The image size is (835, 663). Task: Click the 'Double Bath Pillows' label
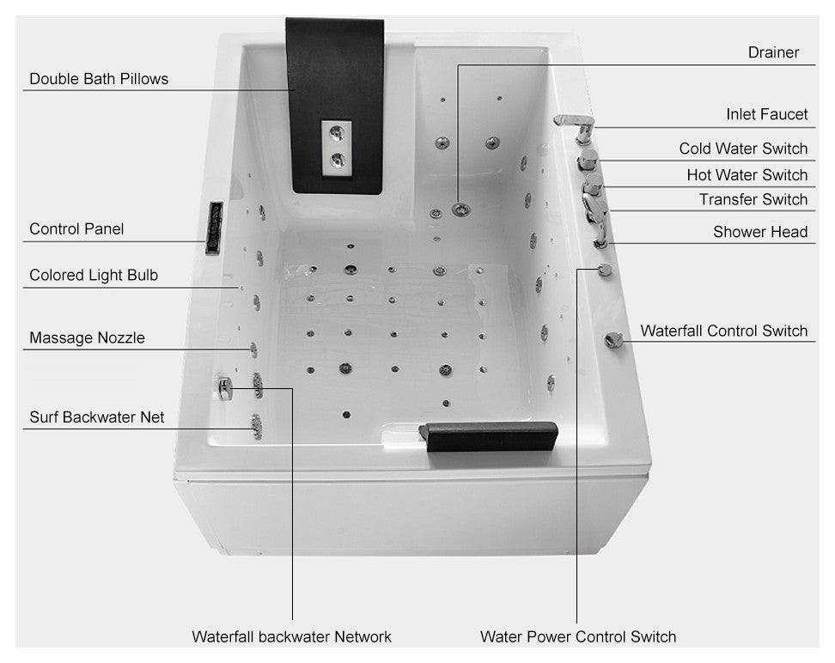[x=99, y=79]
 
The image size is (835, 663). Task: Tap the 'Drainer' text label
[x=773, y=52]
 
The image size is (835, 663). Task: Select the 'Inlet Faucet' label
[x=766, y=114]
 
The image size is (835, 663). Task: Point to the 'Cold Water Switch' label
[x=743, y=149]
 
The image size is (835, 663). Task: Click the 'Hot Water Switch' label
[x=747, y=174]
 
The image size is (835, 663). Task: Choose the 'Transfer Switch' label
[x=753, y=199]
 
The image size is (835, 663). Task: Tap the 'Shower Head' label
[x=760, y=231]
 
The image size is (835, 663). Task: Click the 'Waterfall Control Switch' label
[x=723, y=331]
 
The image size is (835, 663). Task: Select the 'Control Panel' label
[x=76, y=228]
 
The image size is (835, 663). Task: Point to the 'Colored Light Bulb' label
[x=94, y=276]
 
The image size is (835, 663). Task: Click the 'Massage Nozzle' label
[x=87, y=338]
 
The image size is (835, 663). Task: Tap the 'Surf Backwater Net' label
[x=97, y=417]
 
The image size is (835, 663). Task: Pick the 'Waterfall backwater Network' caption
[x=291, y=636]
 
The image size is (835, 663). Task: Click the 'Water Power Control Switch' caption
[x=578, y=636]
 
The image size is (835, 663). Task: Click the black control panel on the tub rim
[x=214, y=228]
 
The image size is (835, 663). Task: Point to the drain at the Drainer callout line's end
[x=459, y=208]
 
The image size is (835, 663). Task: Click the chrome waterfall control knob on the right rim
[x=613, y=340]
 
